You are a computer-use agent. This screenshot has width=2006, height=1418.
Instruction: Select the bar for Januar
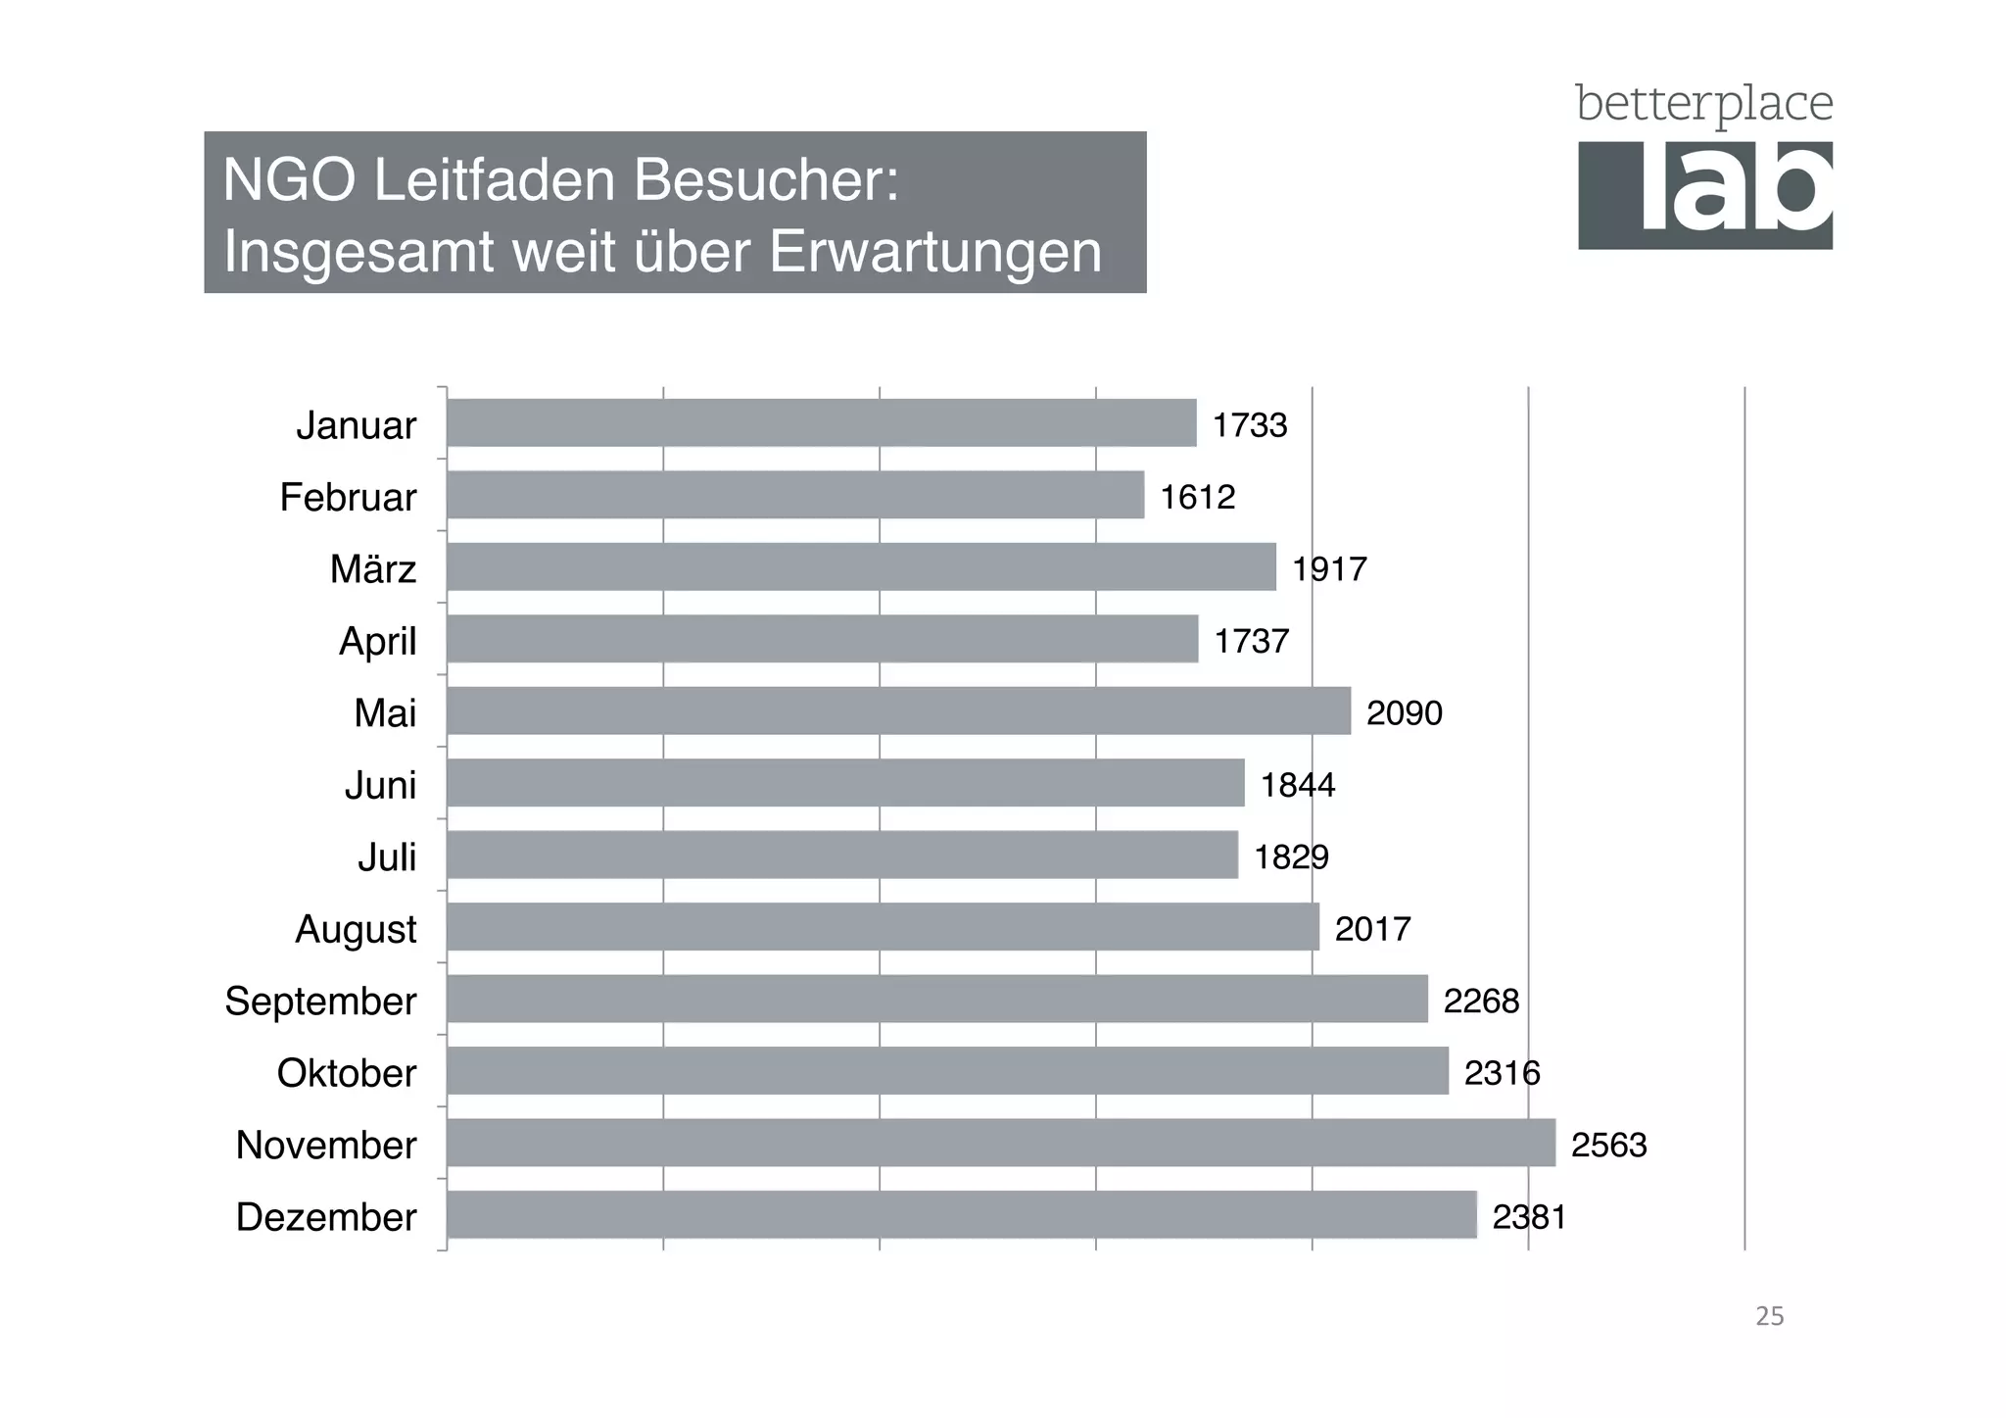[x=821, y=423]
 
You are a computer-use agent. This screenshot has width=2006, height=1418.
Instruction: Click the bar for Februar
[x=795, y=495]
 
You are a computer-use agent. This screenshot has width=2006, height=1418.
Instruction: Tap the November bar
[x=1000, y=1143]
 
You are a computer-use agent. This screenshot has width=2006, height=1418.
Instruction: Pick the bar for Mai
[x=898, y=710]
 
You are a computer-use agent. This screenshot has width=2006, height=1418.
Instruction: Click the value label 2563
[x=1608, y=1145]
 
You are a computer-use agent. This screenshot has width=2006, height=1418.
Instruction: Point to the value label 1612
[x=1197, y=497]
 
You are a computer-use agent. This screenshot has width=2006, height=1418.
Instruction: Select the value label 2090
[x=1404, y=712]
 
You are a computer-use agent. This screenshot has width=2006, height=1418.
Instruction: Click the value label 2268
[x=1481, y=1001]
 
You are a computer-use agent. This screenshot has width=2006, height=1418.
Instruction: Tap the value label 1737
[x=1251, y=641]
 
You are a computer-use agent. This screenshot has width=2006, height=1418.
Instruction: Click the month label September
[x=320, y=1001]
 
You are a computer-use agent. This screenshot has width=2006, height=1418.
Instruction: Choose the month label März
[x=372, y=568]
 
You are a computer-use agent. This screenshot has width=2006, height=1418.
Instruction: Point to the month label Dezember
[x=326, y=1216]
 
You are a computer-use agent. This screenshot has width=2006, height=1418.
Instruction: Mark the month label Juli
[x=386, y=856]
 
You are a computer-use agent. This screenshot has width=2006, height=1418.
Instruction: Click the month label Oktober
[x=346, y=1072]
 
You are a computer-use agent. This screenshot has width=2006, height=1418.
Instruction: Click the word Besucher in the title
[x=765, y=180]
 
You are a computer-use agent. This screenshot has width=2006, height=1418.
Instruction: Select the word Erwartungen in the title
[x=934, y=252]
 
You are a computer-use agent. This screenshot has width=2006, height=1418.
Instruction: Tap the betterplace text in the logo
[x=1703, y=105]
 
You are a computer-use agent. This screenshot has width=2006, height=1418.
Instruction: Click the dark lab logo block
[x=1704, y=195]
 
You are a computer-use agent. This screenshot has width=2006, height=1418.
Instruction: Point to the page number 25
[x=1769, y=1316]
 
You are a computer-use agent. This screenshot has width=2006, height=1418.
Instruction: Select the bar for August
[x=883, y=926]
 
